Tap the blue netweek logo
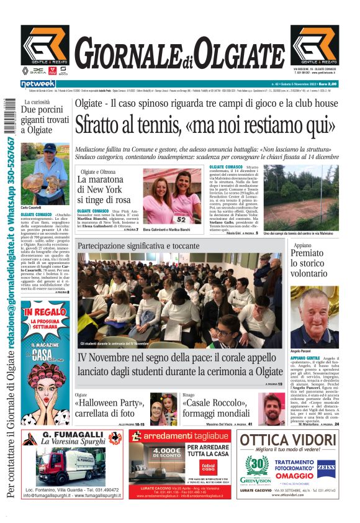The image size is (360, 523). pos(38,83)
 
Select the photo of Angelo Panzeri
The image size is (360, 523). pos(314,317)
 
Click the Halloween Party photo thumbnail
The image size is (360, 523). pos(163,409)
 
